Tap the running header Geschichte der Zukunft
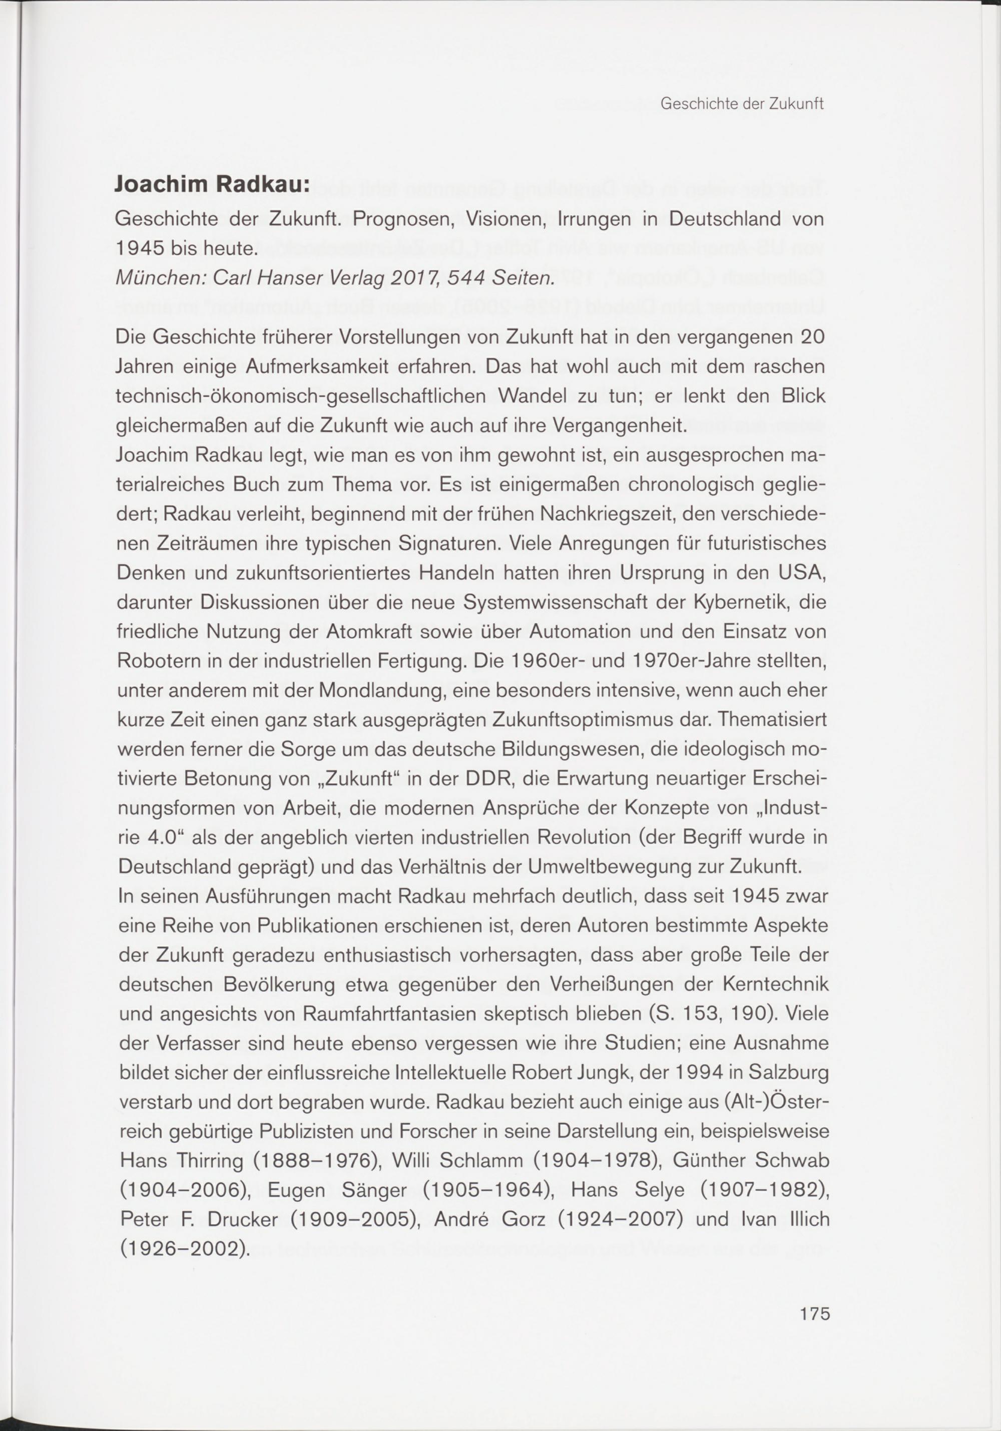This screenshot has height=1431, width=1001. pos(742,104)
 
